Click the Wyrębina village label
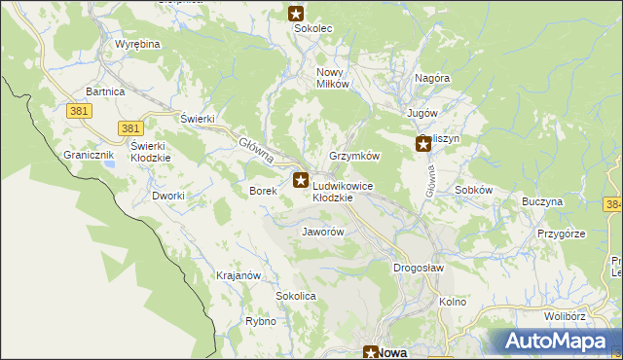tap(137, 45)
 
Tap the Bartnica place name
tap(105, 91)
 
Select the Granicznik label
tap(90, 155)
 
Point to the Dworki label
tap(168, 196)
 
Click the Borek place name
tap(264, 192)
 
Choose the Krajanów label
tap(238, 275)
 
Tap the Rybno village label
tap(261, 321)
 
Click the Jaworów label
tap(324, 233)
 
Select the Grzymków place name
tap(354, 156)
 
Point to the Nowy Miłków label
tap(332, 78)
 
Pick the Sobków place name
tap(473, 190)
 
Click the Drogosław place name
tap(419, 268)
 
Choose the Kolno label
tap(453, 302)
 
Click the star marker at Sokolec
tap(297, 14)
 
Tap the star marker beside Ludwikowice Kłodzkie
tap(301, 180)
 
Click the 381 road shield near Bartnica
tap(80, 111)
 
